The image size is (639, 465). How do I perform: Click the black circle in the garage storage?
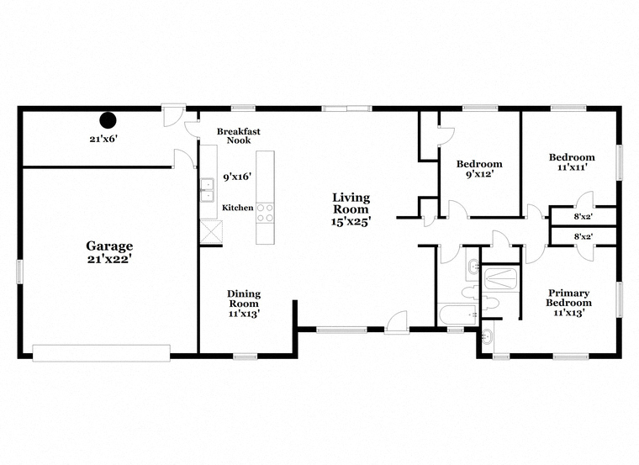pyautogui.click(x=108, y=120)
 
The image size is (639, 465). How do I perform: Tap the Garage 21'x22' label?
pyautogui.click(x=109, y=252)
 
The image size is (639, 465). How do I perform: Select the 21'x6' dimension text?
pyautogui.click(x=104, y=139)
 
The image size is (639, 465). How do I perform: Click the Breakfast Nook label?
pyautogui.click(x=239, y=135)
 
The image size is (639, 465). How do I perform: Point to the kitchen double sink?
pyautogui.click(x=208, y=190)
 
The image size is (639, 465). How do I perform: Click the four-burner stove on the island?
pyautogui.click(x=265, y=213)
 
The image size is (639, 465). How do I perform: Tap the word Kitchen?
pyautogui.click(x=238, y=208)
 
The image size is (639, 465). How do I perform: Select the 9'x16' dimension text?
pyautogui.click(x=237, y=177)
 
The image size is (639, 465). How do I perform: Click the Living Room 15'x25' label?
pyautogui.click(x=351, y=209)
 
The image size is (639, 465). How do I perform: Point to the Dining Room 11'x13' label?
pyautogui.click(x=244, y=304)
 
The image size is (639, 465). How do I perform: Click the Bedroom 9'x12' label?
pyautogui.click(x=479, y=169)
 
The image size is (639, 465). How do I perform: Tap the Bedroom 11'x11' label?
pyautogui.click(x=572, y=161)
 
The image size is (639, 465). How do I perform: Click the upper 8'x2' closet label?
pyautogui.click(x=584, y=217)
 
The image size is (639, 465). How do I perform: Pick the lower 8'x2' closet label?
pyautogui.click(x=584, y=236)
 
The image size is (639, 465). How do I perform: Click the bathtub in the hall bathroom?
pyautogui.click(x=457, y=314)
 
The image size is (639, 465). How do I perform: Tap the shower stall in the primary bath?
pyautogui.click(x=501, y=278)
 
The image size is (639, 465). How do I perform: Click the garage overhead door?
pyautogui.click(x=101, y=353)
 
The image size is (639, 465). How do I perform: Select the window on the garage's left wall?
pyautogui.click(x=19, y=272)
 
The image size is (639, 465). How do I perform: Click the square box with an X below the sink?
pyautogui.click(x=211, y=232)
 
